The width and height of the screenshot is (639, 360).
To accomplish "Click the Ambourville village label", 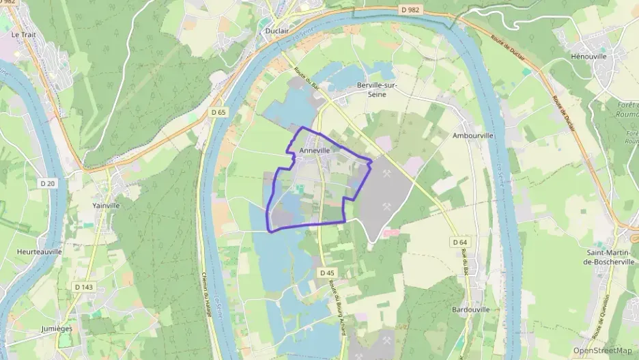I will (473, 136).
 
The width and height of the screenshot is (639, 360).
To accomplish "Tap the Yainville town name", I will (106, 204).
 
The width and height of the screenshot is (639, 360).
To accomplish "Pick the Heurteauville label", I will (39, 251).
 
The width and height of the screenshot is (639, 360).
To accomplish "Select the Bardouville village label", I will (471, 309).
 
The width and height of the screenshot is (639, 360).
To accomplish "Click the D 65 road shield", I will (218, 112).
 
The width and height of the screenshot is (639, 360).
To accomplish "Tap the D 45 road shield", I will (327, 272).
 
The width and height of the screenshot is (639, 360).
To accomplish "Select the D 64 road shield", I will (459, 243).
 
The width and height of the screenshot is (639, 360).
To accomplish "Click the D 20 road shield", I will (48, 183).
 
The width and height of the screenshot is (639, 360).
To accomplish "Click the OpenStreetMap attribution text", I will (602, 350).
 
